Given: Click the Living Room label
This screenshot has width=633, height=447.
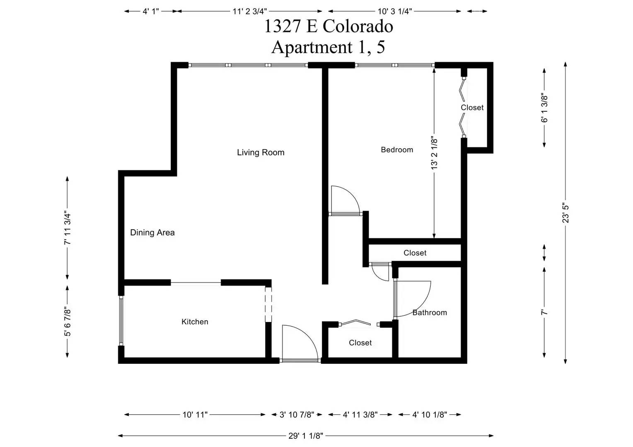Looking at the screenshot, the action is (x=261, y=152).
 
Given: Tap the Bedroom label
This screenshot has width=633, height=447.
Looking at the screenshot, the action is (x=397, y=150).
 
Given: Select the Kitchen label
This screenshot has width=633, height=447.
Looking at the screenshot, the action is (x=195, y=322).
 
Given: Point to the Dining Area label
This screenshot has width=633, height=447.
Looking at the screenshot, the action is (x=152, y=233).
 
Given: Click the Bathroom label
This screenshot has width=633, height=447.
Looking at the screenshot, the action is (x=430, y=312).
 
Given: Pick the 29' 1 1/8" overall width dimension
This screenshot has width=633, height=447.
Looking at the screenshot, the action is (x=305, y=436).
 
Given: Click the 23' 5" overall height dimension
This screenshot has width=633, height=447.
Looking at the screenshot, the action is (x=565, y=213).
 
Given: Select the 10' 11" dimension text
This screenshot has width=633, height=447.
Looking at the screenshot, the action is (x=195, y=415).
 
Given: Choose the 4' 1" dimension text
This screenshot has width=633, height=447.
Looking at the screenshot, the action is (x=151, y=12).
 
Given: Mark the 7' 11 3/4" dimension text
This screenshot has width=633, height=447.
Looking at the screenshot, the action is (x=67, y=228).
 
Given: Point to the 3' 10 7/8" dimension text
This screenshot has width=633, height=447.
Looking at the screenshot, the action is (x=297, y=415).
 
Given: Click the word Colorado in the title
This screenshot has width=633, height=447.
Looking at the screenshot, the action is (x=358, y=26).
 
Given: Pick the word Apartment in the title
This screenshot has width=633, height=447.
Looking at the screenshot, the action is (x=312, y=47).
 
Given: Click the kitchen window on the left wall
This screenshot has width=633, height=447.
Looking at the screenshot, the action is (x=121, y=321).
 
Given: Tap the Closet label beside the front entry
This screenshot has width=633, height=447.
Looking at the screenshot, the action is (x=360, y=343).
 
